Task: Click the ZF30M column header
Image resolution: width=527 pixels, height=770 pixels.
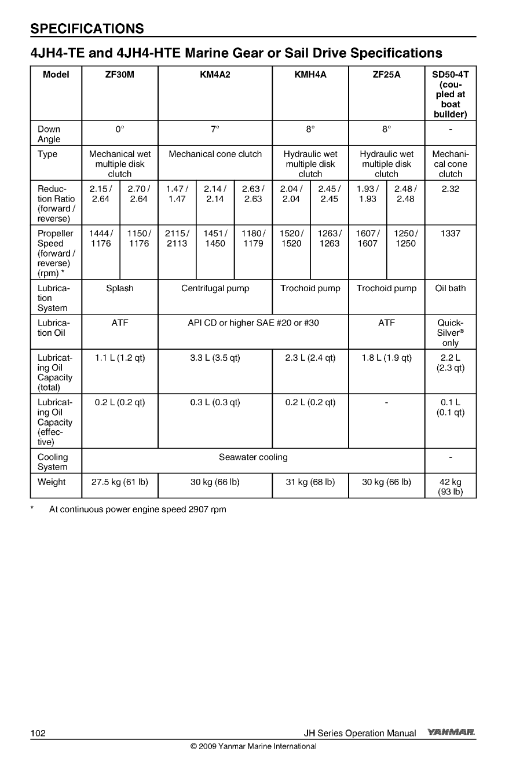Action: (120, 75)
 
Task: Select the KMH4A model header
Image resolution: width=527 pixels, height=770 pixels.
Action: (310, 75)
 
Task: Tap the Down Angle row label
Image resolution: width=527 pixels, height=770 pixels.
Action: (49, 134)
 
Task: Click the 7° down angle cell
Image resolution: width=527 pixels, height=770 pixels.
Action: (215, 129)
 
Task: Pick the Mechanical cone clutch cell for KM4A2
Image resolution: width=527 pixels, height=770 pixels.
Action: (215, 154)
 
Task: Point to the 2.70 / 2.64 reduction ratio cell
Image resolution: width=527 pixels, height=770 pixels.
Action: (139, 194)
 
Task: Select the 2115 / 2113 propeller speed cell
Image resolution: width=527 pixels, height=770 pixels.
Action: (177, 239)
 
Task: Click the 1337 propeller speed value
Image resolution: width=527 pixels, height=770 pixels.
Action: (450, 233)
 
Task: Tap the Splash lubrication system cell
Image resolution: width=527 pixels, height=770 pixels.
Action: (120, 288)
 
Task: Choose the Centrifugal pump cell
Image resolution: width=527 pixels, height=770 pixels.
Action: (215, 288)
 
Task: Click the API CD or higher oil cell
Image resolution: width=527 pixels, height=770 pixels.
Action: (253, 323)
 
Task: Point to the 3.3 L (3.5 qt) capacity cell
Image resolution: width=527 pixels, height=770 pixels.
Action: (215, 358)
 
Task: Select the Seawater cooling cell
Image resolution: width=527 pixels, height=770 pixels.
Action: (253, 457)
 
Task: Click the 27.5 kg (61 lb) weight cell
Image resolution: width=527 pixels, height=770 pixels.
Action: (120, 482)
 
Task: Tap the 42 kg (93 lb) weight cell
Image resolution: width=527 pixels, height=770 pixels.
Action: (450, 487)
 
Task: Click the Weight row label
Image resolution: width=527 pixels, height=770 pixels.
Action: (52, 482)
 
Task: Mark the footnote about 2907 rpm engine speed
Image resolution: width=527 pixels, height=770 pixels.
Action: (137, 509)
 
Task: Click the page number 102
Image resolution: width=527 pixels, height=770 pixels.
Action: (38, 734)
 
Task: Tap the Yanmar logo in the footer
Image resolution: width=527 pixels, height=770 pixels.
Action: (452, 733)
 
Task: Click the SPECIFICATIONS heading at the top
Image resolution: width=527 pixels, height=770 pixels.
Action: (87, 28)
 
